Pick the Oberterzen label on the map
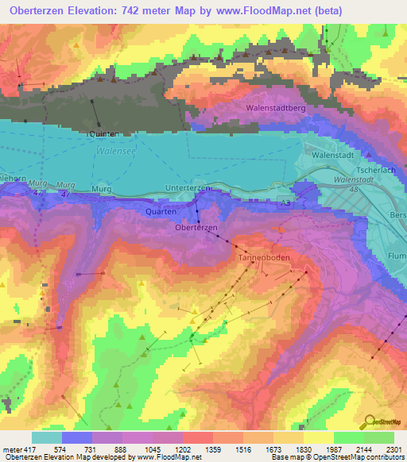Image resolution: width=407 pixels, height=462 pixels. pos(196,228)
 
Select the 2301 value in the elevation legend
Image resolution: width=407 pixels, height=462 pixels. pos(393,449)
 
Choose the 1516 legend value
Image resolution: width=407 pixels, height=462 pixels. pos(242,449)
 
